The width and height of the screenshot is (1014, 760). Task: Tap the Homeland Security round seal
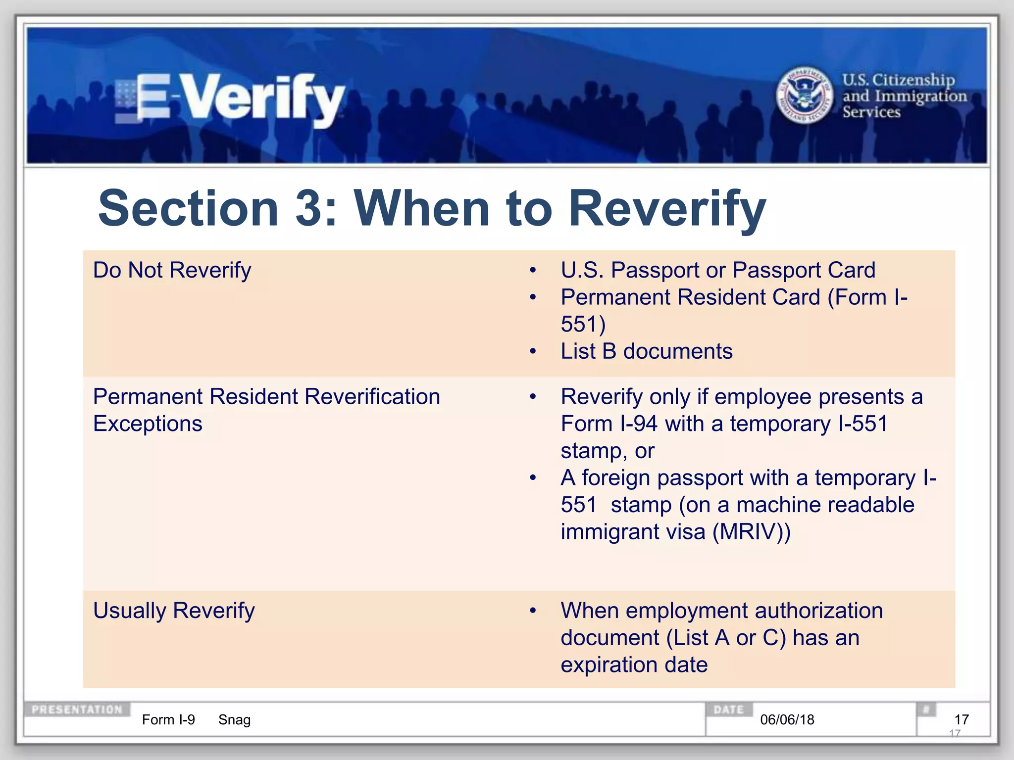click(805, 95)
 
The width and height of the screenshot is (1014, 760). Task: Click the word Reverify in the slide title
click(667, 209)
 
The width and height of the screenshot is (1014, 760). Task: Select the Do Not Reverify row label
click(172, 270)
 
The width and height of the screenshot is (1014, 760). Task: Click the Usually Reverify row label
click(174, 610)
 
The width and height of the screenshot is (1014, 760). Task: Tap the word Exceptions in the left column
click(148, 424)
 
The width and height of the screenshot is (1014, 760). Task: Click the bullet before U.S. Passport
click(533, 271)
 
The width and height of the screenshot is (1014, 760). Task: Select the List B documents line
click(646, 351)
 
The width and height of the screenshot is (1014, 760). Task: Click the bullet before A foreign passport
click(533, 478)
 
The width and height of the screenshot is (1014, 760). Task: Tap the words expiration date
click(634, 665)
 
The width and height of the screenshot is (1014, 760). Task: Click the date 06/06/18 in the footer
click(787, 719)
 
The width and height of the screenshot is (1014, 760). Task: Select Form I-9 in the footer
click(168, 719)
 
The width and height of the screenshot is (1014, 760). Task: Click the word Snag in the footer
click(234, 719)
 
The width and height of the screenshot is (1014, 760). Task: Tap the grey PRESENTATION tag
click(77, 709)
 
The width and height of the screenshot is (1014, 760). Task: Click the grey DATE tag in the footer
click(728, 709)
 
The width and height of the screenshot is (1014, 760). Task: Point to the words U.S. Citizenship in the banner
click(898, 80)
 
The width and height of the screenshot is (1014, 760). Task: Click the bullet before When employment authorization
click(533, 611)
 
